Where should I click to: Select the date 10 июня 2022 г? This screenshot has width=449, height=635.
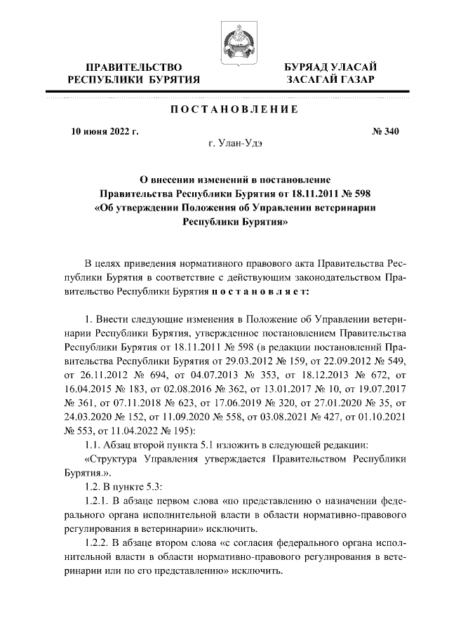point(106,131)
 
